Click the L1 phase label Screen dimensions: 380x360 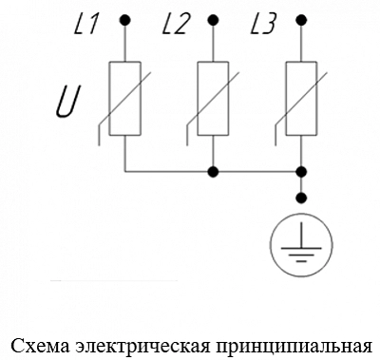pyautogui.click(x=85, y=25)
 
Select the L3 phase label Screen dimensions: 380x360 pyautogui.click(x=263, y=25)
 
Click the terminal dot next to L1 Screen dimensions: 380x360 pyautogui.click(x=125, y=21)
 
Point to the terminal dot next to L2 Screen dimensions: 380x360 pyautogui.click(x=213, y=21)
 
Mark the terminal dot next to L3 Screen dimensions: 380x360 pyautogui.click(x=301, y=21)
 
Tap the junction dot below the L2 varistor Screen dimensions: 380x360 pyautogui.click(x=213, y=172)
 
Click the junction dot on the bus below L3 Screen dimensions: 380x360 pyautogui.click(x=301, y=172)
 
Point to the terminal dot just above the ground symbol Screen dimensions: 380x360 pyautogui.click(x=301, y=198)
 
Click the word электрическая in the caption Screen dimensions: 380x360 pyautogui.click(x=142, y=347)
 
